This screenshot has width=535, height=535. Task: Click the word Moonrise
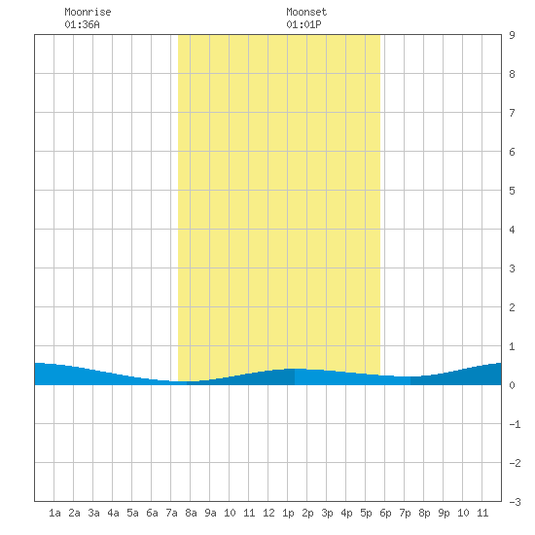tap(88, 12)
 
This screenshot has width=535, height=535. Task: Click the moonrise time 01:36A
tap(83, 24)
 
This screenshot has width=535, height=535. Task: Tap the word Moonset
tap(306, 12)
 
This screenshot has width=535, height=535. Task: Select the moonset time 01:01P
tap(303, 24)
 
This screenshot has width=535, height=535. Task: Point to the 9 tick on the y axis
tap(512, 35)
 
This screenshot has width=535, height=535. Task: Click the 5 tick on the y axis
tap(512, 191)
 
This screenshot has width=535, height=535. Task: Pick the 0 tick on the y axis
tap(512, 385)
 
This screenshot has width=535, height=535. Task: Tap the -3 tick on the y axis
tap(515, 502)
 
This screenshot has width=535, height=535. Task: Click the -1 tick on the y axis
tap(515, 424)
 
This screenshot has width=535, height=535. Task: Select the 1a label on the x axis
tap(54, 513)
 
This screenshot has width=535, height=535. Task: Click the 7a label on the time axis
tap(171, 513)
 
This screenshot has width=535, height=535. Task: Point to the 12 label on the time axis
tap(268, 513)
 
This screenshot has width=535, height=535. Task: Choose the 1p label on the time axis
tap(288, 513)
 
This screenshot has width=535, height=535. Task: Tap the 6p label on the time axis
tap(385, 513)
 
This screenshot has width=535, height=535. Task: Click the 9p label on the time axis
tap(444, 513)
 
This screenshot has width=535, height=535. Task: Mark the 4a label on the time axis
tap(113, 513)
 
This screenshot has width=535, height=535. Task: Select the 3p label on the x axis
tap(327, 513)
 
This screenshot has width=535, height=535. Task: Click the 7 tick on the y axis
tap(512, 113)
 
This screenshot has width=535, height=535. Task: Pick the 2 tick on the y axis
tap(512, 307)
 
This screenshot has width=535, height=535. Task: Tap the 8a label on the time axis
tap(191, 513)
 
